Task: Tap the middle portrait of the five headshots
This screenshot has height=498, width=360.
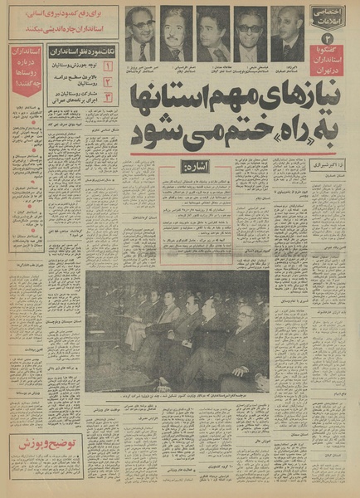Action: [x=212, y=35]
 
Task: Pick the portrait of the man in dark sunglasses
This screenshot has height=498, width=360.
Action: [x=249, y=35]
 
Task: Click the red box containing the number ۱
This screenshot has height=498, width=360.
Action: [x=109, y=64]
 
